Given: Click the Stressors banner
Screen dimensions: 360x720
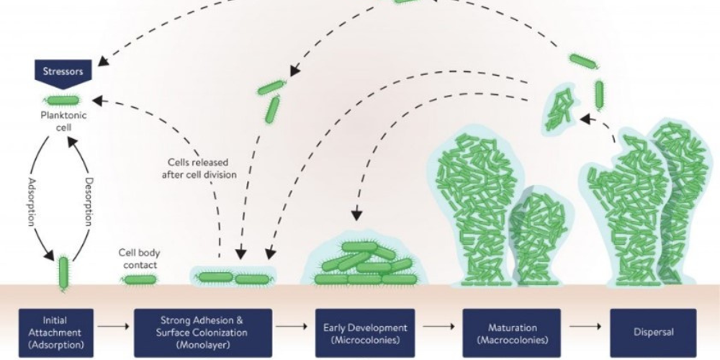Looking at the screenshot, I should pos(63,71).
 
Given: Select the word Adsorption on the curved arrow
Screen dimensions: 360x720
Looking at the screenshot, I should pos(32,204).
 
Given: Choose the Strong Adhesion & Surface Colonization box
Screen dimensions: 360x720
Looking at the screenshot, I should pos(203,333).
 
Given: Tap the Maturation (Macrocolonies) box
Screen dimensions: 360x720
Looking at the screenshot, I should pos(511,333).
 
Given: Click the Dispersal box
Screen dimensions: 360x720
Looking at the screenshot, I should pos(652,333).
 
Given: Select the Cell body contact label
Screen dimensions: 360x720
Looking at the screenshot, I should pos(138,258).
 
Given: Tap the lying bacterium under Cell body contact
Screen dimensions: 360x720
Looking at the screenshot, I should pos(139,279).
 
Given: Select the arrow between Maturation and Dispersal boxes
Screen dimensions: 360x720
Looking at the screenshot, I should pos(584,326).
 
